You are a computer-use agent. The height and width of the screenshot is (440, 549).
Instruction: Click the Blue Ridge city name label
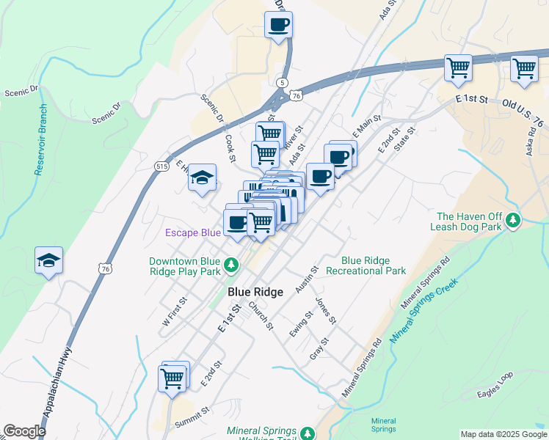(255, 292)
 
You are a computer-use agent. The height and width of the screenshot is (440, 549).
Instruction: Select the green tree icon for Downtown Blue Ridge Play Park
(231, 263)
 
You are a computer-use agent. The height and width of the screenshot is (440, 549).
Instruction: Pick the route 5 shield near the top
(283, 83)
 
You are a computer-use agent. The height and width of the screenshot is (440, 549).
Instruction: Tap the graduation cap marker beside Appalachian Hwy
(49, 260)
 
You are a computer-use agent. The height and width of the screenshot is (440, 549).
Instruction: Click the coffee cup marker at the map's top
(278, 26)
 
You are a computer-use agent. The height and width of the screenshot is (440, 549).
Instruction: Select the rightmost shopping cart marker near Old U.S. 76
(524, 69)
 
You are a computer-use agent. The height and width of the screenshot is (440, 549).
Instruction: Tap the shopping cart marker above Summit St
(172, 379)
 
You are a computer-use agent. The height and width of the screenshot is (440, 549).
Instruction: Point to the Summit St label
(192, 422)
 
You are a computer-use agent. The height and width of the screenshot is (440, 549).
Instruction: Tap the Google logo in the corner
(24, 431)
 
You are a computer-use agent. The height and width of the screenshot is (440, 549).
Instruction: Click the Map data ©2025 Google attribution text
(503, 434)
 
